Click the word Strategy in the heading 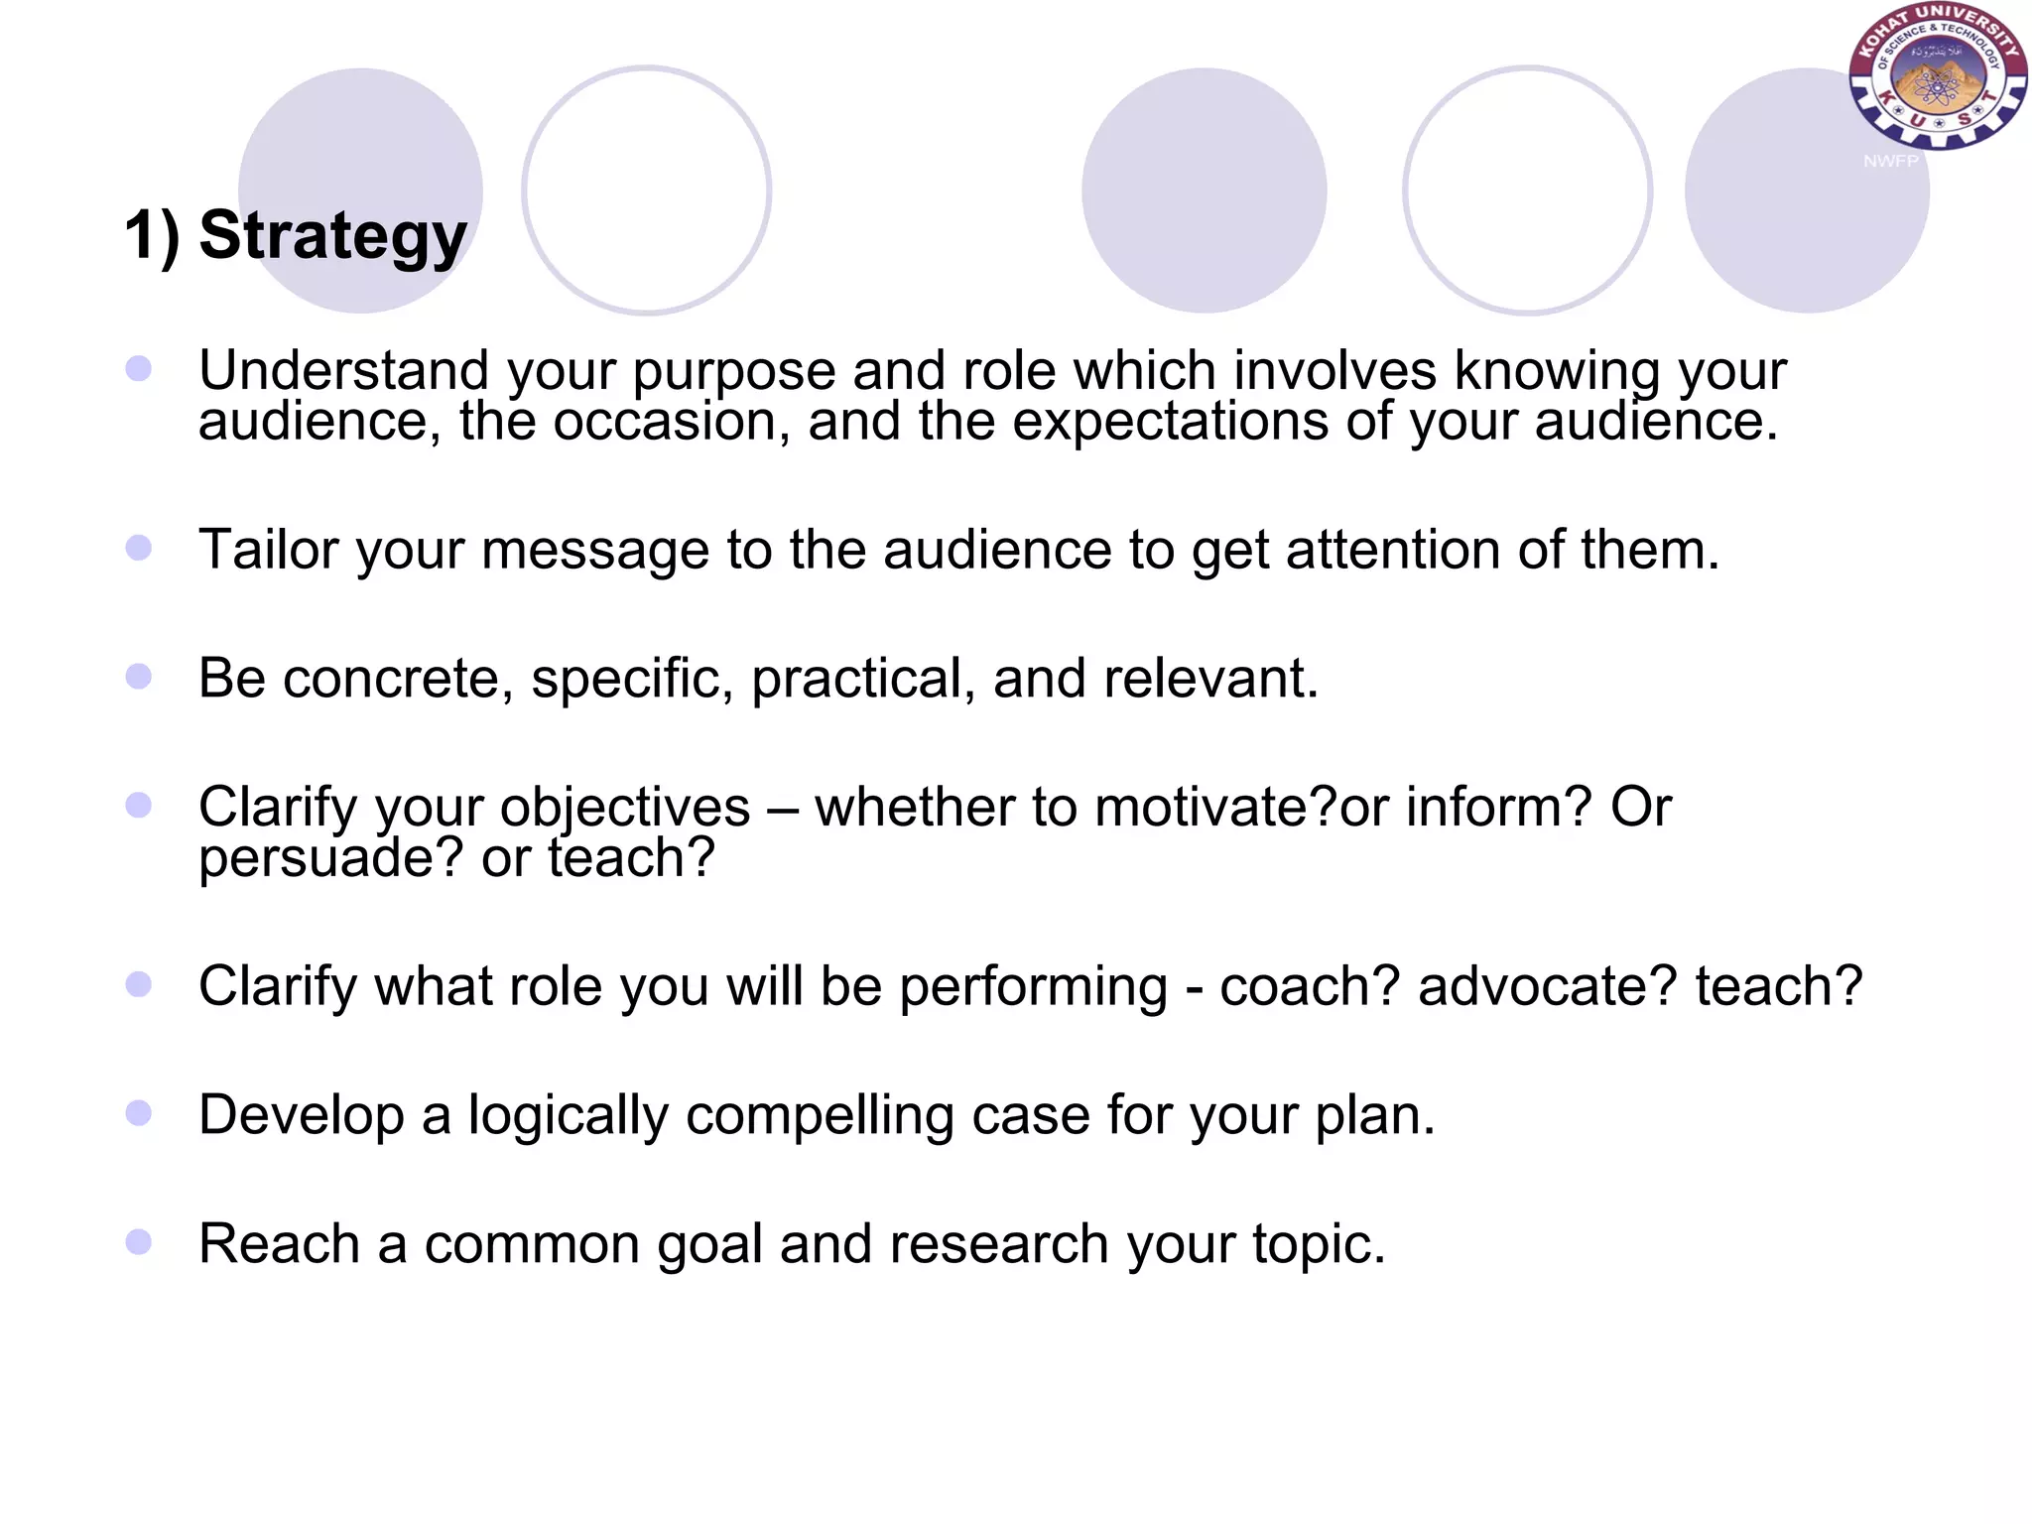coord(332,236)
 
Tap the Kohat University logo coord(1936,77)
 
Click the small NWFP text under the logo coord(1890,161)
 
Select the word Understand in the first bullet coord(343,370)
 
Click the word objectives coord(624,807)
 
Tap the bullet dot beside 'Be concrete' coord(139,677)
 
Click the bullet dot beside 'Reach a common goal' coord(139,1242)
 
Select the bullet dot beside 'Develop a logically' coord(139,1113)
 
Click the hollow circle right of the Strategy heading coord(647,190)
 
